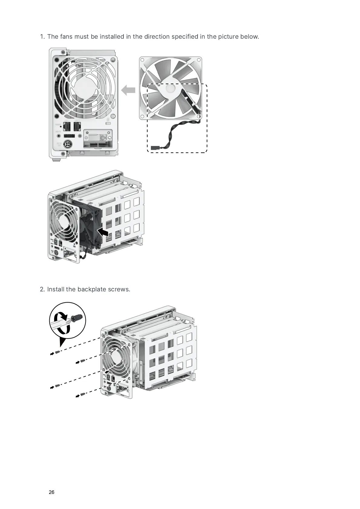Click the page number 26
point(51,492)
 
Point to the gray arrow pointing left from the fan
point(128,90)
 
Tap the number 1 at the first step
point(42,37)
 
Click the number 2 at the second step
point(42,289)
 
